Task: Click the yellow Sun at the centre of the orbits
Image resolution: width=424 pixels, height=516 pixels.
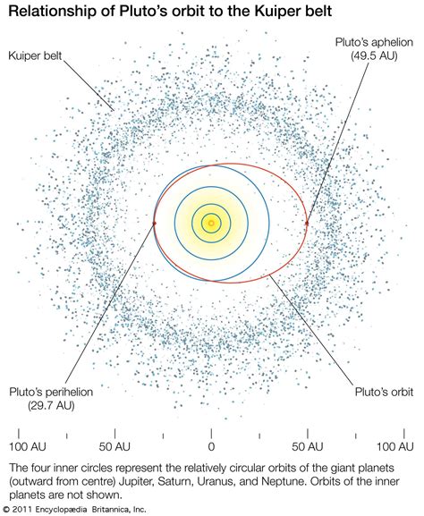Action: coord(211,223)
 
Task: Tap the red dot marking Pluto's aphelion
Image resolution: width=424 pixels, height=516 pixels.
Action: coord(307,223)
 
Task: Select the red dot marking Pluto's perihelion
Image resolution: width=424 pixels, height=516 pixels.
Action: coord(155,223)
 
